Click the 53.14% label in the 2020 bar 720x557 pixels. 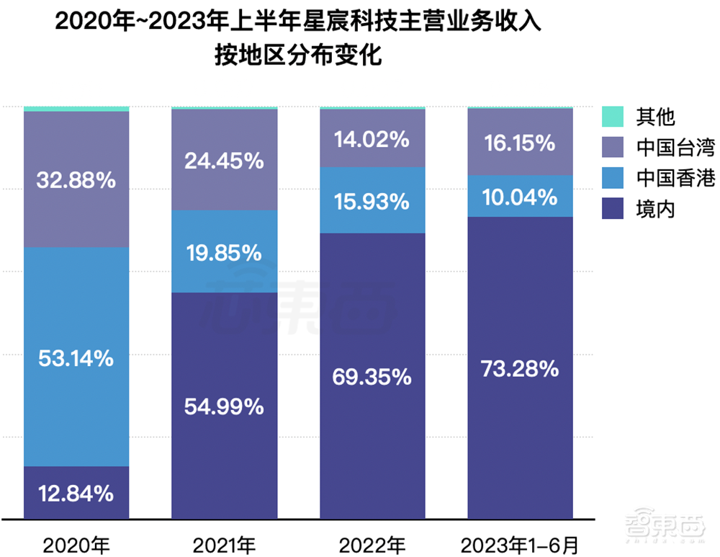tap(76, 357)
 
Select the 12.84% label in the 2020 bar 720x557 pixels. tap(76, 494)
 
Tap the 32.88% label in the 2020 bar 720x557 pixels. tap(76, 180)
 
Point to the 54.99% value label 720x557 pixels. tap(225, 407)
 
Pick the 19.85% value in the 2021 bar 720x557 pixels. tap(225, 253)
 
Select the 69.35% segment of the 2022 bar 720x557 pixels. tap(372, 376)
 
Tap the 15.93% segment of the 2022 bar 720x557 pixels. tap(372, 201)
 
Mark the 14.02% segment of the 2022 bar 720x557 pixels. tap(372, 138)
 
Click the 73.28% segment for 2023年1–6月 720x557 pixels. tap(521, 370)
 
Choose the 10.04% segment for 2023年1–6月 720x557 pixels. tap(521, 197)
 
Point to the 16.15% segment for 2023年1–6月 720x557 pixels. tap(521, 142)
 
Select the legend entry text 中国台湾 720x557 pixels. tap(665, 148)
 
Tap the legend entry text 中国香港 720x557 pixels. tap(665, 179)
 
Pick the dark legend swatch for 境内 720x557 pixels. tap(613, 210)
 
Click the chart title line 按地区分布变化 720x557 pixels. tap(297, 55)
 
